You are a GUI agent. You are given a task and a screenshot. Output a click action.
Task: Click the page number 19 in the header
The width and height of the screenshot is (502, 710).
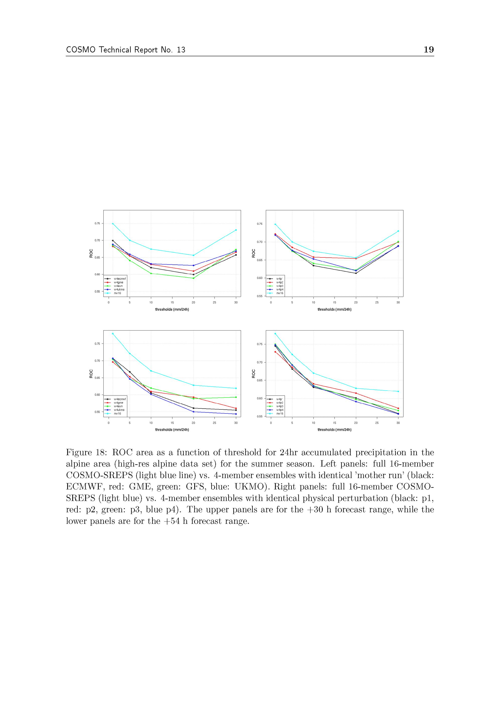click(428, 49)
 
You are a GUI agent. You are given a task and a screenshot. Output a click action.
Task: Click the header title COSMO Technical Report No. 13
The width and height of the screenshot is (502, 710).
click(125, 50)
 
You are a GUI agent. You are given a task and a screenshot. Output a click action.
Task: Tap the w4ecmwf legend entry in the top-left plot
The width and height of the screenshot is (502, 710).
click(120, 279)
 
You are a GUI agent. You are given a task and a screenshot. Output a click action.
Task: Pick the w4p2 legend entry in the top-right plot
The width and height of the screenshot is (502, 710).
click(280, 282)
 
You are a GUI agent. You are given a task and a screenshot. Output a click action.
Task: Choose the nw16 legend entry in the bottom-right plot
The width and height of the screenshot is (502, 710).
click(280, 413)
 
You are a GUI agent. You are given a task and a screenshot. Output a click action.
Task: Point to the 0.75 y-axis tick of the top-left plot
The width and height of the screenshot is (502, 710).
click(97, 223)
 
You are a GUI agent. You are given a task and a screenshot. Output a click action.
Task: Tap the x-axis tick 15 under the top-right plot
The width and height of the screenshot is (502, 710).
click(335, 302)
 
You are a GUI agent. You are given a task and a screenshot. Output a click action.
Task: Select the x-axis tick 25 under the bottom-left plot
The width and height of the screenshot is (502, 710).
click(215, 423)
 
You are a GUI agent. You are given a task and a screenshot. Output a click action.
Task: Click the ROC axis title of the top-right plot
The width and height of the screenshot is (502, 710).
click(254, 253)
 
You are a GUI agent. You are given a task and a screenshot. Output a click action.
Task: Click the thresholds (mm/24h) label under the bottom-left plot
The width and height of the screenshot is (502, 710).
click(172, 429)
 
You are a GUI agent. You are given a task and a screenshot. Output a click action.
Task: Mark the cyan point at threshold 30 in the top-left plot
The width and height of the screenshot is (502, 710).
click(236, 230)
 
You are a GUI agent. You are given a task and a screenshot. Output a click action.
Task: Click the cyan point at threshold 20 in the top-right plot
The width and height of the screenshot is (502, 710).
click(356, 258)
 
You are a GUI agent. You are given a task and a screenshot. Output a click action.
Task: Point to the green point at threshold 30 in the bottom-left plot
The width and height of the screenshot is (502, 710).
click(236, 397)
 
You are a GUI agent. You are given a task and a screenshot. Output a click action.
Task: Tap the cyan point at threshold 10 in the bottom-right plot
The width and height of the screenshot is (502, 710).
click(313, 373)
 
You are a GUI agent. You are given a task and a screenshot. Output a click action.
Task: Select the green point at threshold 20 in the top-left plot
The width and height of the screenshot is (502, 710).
click(194, 278)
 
